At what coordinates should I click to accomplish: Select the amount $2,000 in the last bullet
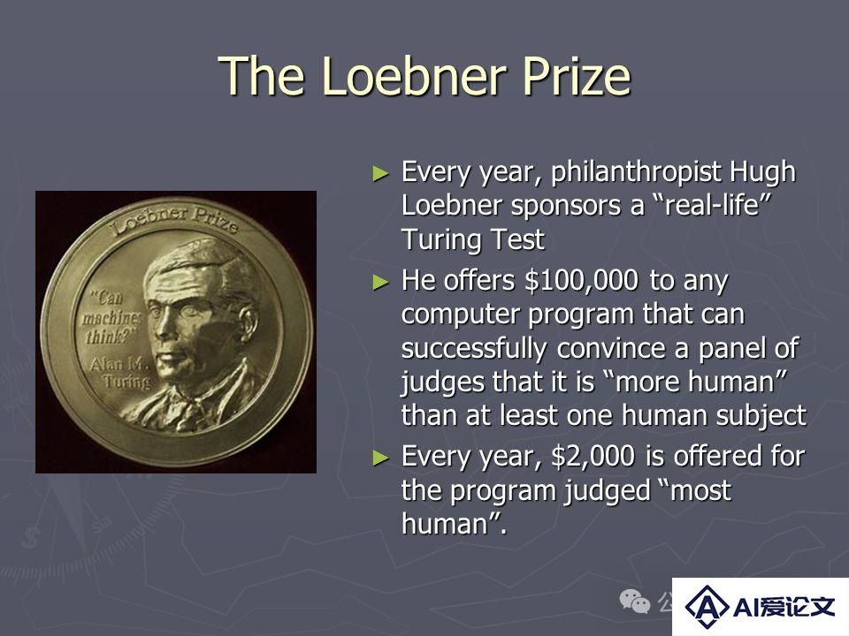pyautogui.click(x=593, y=456)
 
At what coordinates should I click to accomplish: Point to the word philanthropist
pyautogui.click(x=636, y=173)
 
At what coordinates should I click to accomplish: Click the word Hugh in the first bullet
pyautogui.click(x=763, y=173)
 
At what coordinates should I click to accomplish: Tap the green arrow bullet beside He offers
pyautogui.click(x=381, y=283)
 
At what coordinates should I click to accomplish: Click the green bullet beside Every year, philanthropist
pyautogui.click(x=381, y=174)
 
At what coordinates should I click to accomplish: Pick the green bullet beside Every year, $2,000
pyautogui.click(x=381, y=458)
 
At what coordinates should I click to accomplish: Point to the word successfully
pyautogui.click(x=474, y=349)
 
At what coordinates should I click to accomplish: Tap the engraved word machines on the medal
pyautogui.click(x=111, y=317)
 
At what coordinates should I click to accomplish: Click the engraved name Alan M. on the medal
pyautogui.click(x=119, y=364)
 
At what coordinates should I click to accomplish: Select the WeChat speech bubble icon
pyautogui.click(x=634, y=601)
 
